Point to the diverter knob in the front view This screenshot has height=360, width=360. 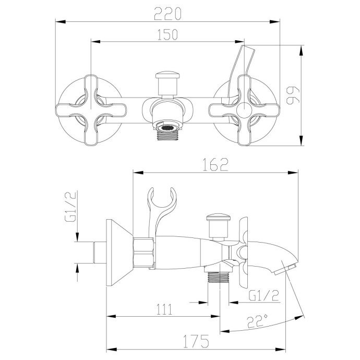pyautogui.click(x=167, y=81)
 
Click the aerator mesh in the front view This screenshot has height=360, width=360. pyautogui.click(x=167, y=127)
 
